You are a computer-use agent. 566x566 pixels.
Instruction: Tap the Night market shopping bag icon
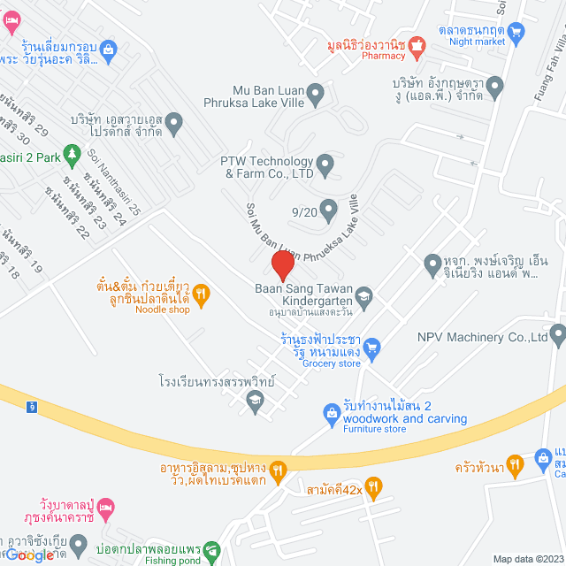pyautogui.click(x=517, y=29)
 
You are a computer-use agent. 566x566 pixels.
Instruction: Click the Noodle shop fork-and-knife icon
pyautogui.click(x=201, y=294)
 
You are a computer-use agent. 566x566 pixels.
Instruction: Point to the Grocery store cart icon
pyautogui.click(x=372, y=347)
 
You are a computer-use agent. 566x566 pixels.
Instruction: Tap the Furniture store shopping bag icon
pyautogui.click(x=331, y=412)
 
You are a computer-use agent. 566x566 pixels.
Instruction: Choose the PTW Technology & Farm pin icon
pyautogui.click(x=325, y=162)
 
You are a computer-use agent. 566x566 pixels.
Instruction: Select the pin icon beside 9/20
pyautogui.click(x=328, y=211)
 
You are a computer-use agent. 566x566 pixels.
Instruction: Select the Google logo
pyautogui.click(x=29, y=554)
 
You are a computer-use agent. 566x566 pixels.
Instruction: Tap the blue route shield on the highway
pyautogui.click(x=32, y=406)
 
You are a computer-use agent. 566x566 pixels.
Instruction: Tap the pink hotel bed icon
pyautogui.click(x=105, y=506)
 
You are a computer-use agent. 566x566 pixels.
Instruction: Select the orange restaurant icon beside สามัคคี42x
pyautogui.click(x=373, y=486)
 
